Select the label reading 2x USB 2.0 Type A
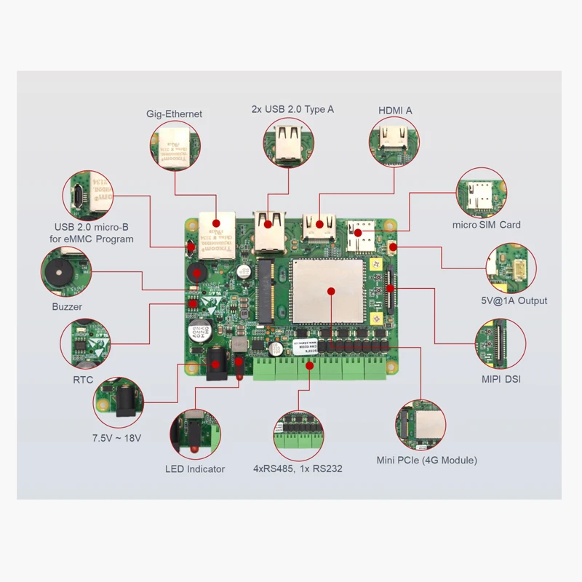point(292,109)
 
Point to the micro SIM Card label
point(486,225)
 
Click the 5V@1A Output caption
point(513,300)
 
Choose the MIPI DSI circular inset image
point(501,344)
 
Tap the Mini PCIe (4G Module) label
point(426,460)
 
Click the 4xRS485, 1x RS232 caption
point(298,469)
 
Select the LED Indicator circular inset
point(194,434)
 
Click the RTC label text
point(83,380)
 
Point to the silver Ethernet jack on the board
point(216,235)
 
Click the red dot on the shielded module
point(330,291)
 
